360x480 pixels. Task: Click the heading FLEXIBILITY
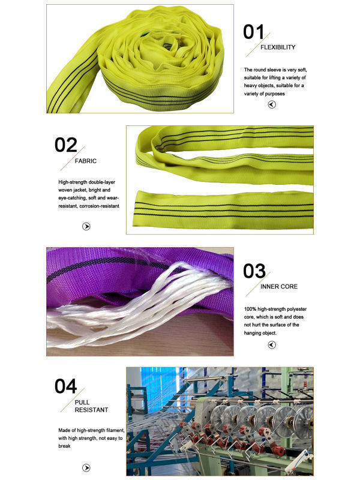(278, 47)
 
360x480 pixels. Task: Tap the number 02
(66, 145)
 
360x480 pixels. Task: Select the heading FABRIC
(86, 161)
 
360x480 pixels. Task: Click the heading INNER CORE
(279, 286)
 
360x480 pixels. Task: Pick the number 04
(66, 386)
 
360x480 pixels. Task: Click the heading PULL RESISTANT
(91, 406)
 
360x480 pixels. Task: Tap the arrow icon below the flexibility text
(272, 104)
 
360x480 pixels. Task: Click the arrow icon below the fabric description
(86, 226)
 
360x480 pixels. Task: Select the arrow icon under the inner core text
(272, 344)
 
